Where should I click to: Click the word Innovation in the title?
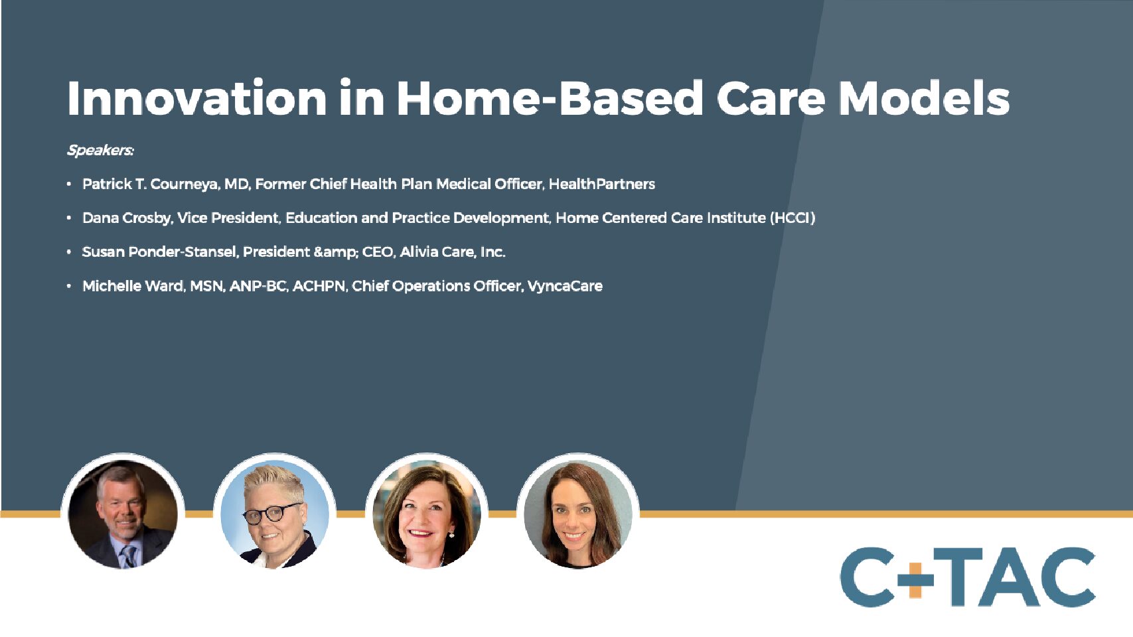(x=197, y=98)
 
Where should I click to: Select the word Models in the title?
(x=924, y=98)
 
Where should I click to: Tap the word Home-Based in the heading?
(x=550, y=98)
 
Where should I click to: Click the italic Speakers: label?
(x=101, y=150)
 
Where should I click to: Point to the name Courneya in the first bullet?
(x=185, y=184)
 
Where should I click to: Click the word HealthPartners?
(x=602, y=184)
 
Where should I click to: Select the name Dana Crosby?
(x=128, y=218)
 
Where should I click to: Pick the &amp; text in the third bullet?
(x=336, y=252)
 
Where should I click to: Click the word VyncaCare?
(x=565, y=286)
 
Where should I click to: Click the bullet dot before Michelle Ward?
(x=69, y=286)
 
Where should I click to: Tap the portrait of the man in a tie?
(x=123, y=514)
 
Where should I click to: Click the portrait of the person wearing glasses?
(x=275, y=514)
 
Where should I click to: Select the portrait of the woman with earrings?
(x=426, y=514)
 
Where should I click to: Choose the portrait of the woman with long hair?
(x=578, y=514)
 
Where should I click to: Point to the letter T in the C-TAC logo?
(x=956, y=577)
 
